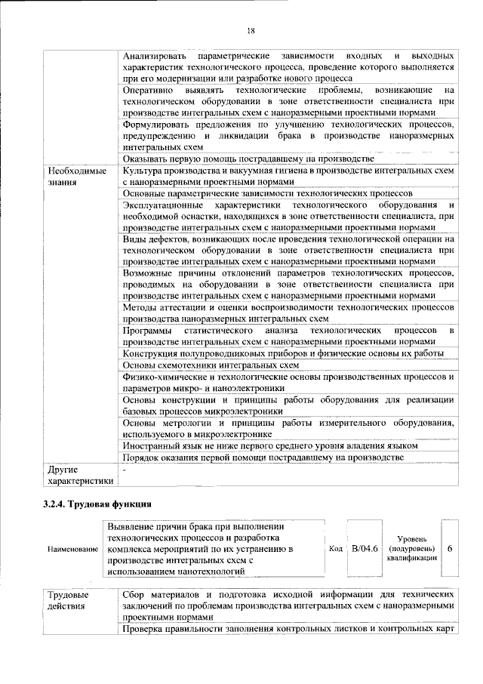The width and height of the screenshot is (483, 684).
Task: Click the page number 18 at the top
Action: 251,30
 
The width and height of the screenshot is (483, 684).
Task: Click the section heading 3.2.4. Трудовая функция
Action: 98,503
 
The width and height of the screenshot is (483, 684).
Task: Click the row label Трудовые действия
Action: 67,601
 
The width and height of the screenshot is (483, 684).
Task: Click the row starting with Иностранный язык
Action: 270,446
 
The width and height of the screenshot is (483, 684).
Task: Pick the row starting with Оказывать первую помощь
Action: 248,159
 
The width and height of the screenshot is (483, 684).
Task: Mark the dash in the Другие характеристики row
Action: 125,469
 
